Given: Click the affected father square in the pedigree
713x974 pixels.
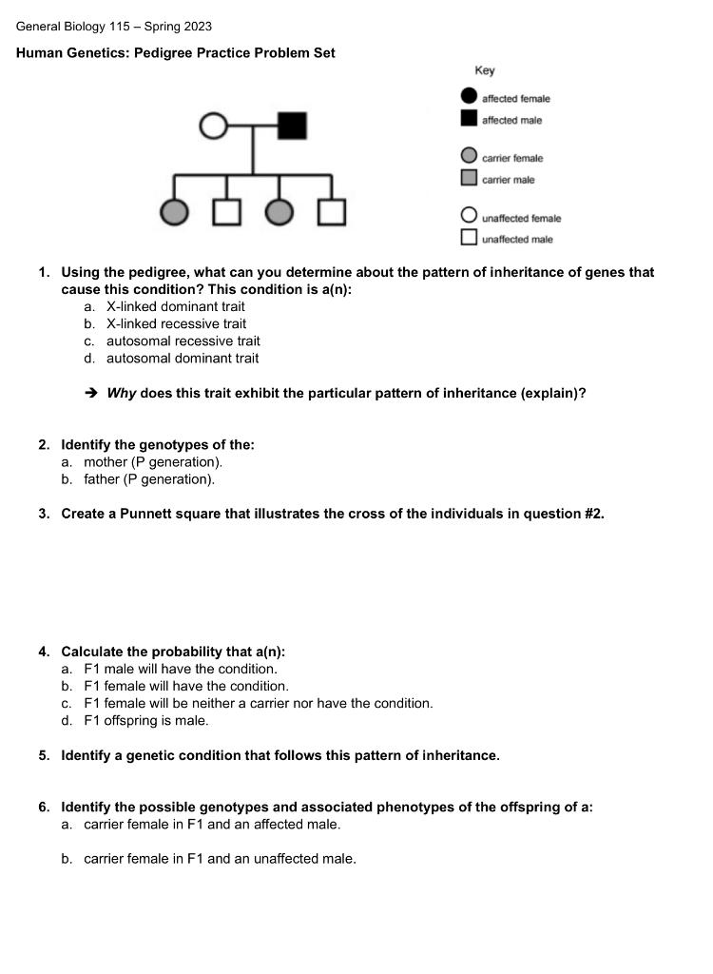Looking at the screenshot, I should point(292,126).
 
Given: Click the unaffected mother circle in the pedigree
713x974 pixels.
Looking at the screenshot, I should point(213,126).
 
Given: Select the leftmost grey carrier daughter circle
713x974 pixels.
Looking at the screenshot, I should point(174,212).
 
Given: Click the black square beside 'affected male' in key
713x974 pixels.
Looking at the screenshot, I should point(469,119).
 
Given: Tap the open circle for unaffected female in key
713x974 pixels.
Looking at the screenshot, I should point(469,217).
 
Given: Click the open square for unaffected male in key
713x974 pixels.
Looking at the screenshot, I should point(469,239).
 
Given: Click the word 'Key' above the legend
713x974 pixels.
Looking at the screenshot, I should point(485,70).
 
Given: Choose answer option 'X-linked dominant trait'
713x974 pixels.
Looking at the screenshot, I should point(175,306).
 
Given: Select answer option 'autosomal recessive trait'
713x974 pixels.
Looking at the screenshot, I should point(183,341).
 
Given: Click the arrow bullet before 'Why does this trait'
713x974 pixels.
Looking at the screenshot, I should point(91,393).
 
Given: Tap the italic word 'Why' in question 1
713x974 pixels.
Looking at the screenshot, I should point(121,393).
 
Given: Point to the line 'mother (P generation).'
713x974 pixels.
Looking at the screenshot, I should point(152,462).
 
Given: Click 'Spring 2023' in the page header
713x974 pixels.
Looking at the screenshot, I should point(178,27).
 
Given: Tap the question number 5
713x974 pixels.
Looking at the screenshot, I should point(44,755).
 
